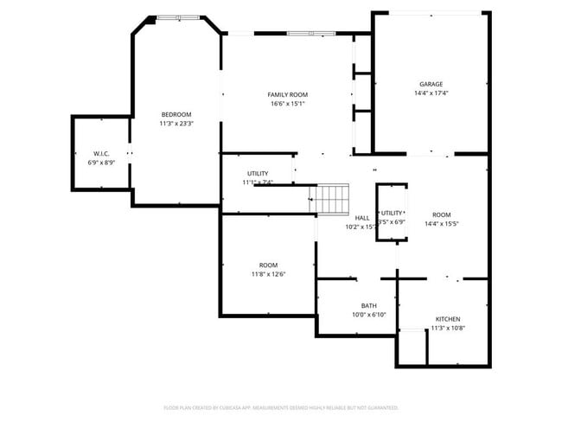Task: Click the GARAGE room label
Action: pyautogui.click(x=431, y=84)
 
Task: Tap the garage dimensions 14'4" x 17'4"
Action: pyautogui.click(x=431, y=93)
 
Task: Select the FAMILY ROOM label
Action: pyautogui.click(x=288, y=94)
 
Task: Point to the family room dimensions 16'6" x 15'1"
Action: pyautogui.click(x=288, y=104)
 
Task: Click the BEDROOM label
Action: pyautogui.click(x=176, y=114)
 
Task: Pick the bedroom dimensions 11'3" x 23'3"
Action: pyautogui.click(x=176, y=124)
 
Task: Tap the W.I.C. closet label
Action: pyautogui.click(x=100, y=153)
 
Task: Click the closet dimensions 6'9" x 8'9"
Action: pyautogui.click(x=100, y=163)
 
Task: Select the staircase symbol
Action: pyautogui.click(x=332, y=200)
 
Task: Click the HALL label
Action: pyautogui.click(x=362, y=218)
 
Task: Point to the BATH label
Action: pyautogui.click(x=368, y=305)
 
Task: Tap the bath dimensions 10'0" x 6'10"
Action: pyautogui.click(x=368, y=315)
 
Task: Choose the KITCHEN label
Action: pyautogui.click(x=448, y=319)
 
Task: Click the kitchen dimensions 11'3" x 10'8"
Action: pyautogui.click(x=448, y=329)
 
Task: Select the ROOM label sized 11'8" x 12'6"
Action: pyautogui.click(x=268, y=265)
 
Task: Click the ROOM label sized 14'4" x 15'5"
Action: pyautogui.click(x=441, y=214)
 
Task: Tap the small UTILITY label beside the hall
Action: pyautogui.click(x=392, y=213)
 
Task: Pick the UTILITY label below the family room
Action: pyautogui.click(x=258, y=173)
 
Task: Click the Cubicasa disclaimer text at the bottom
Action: pyautogui.click(x=281, y=406)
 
